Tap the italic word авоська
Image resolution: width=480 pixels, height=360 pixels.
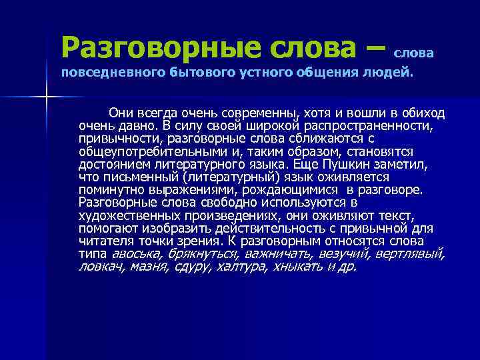click(x=136, y=254)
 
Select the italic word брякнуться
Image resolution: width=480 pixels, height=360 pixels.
click(x=203, y=254)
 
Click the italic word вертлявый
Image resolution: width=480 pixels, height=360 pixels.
click(x=409, y=254)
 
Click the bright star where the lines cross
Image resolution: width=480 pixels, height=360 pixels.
click(x=45, y=98)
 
